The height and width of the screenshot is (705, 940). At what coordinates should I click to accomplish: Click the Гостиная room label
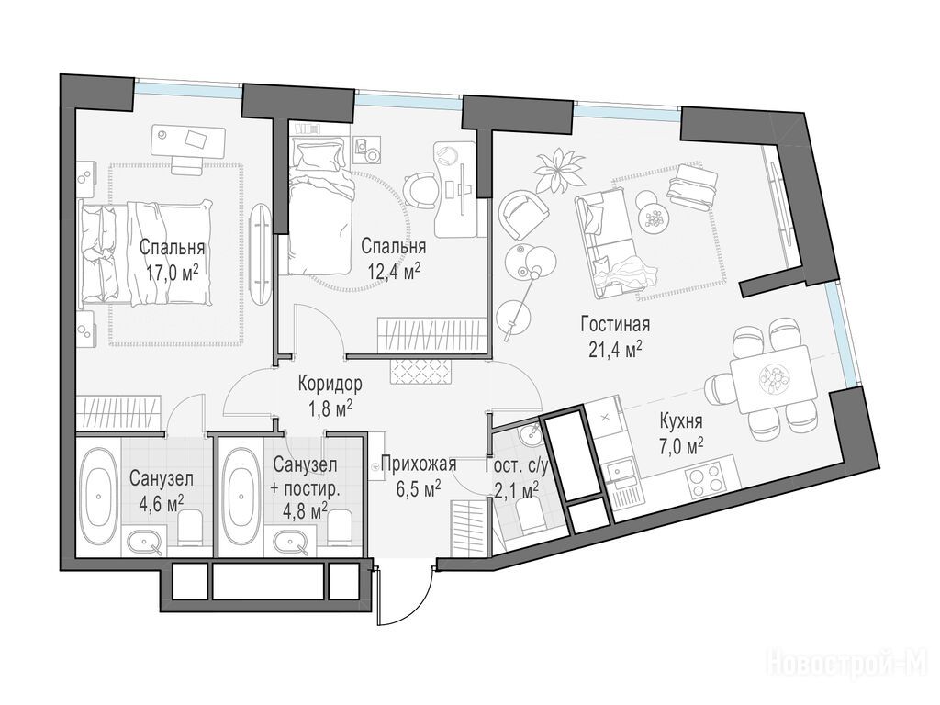click(x=615, y=324)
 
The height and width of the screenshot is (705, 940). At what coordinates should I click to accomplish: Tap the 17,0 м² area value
click(x=172, y=274)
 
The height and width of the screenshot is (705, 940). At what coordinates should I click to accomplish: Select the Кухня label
click(x=680, y=420)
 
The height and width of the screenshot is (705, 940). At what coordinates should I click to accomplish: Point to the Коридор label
click(x=330, y=383)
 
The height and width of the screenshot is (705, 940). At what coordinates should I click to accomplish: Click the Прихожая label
click(x=419, y=464)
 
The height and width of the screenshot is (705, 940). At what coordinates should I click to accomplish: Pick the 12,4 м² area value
click(x=393, y=273)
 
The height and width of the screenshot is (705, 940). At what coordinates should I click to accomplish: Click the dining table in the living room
click(x=773, y=379)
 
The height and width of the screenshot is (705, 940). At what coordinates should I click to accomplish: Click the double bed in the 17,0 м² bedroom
click(x=147, y=253)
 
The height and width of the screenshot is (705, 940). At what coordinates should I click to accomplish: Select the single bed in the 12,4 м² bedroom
click(x=318, y=204)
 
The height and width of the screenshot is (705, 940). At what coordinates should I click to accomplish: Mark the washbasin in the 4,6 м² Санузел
click(x=144, y=542)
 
